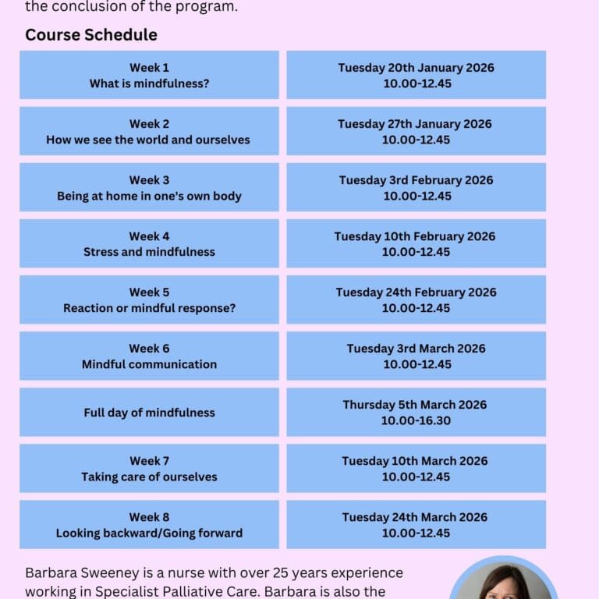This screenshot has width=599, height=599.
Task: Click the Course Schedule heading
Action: point(91,35)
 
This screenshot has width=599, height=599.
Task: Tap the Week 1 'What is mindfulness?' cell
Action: point(149,75)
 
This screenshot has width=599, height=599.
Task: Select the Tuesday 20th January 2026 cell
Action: point(416,75)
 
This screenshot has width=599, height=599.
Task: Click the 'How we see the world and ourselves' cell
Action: point(149,131)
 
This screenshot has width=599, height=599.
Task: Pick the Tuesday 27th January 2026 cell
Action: point(416,131)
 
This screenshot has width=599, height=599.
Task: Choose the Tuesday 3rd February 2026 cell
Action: point(416,187)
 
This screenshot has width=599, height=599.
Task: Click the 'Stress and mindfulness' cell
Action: point(149,243)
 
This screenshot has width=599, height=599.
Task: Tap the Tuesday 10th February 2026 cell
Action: point(416,243)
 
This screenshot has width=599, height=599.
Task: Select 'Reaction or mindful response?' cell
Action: point(149,299)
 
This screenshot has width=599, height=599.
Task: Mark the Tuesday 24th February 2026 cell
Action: point(416,299)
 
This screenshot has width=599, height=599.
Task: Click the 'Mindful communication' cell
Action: point(149,356)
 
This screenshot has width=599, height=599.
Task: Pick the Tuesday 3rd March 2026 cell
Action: point(416,356)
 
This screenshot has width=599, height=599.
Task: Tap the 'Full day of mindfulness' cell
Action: point(149,413)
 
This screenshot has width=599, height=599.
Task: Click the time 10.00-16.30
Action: point(416,421)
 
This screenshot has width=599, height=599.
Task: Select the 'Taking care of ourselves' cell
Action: point(149,468)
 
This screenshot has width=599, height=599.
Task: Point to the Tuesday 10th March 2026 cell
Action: point(416,468)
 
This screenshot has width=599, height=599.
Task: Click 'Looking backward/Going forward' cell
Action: point(149,524)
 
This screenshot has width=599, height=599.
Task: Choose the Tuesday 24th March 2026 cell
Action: point(416,524)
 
